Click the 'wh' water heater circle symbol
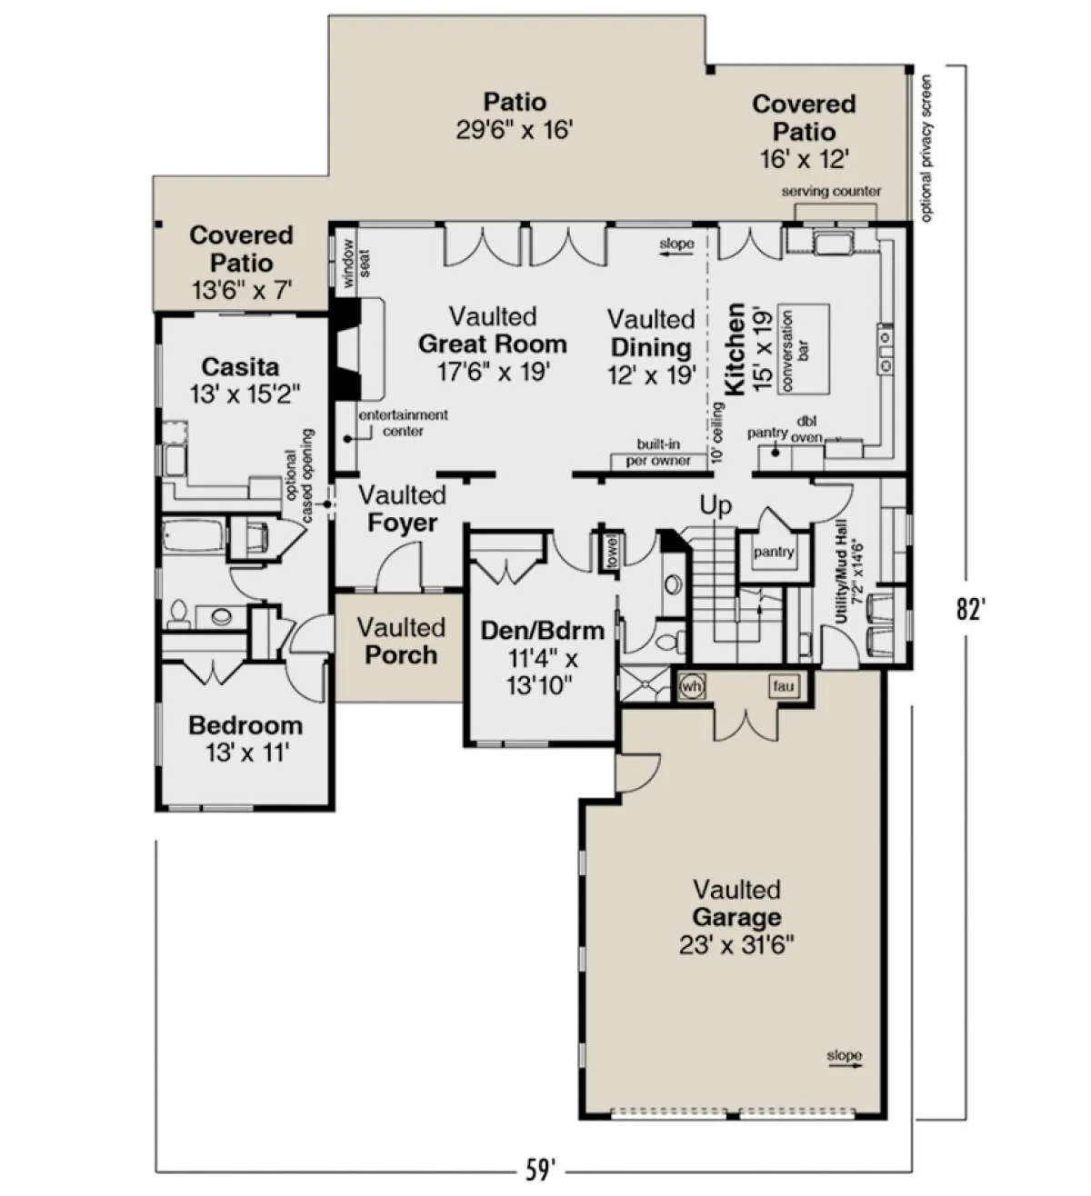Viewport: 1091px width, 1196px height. click(691, 686)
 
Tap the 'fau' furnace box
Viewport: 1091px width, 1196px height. click(783, 685)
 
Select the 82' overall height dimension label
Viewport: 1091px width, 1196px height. click(970, 609)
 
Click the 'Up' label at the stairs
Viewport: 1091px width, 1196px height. click(716, 505)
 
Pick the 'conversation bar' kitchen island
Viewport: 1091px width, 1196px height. click(803, 349)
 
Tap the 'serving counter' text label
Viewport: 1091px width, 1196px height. click(831, 192)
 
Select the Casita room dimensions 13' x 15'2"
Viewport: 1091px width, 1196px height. click(245, 394)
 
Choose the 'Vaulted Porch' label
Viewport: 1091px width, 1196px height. click(402, 641)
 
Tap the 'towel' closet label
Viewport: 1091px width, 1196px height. click(612, 551)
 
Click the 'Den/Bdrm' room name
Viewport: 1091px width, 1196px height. click(542, 630)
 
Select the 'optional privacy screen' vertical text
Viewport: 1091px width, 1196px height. click(926, 148)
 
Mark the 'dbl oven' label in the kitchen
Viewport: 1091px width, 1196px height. click(806, 430)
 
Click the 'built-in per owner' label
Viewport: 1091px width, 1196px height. click(658, 453)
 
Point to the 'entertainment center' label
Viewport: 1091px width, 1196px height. click(404, 422)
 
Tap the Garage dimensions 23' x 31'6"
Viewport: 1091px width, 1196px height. click(736, 945)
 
